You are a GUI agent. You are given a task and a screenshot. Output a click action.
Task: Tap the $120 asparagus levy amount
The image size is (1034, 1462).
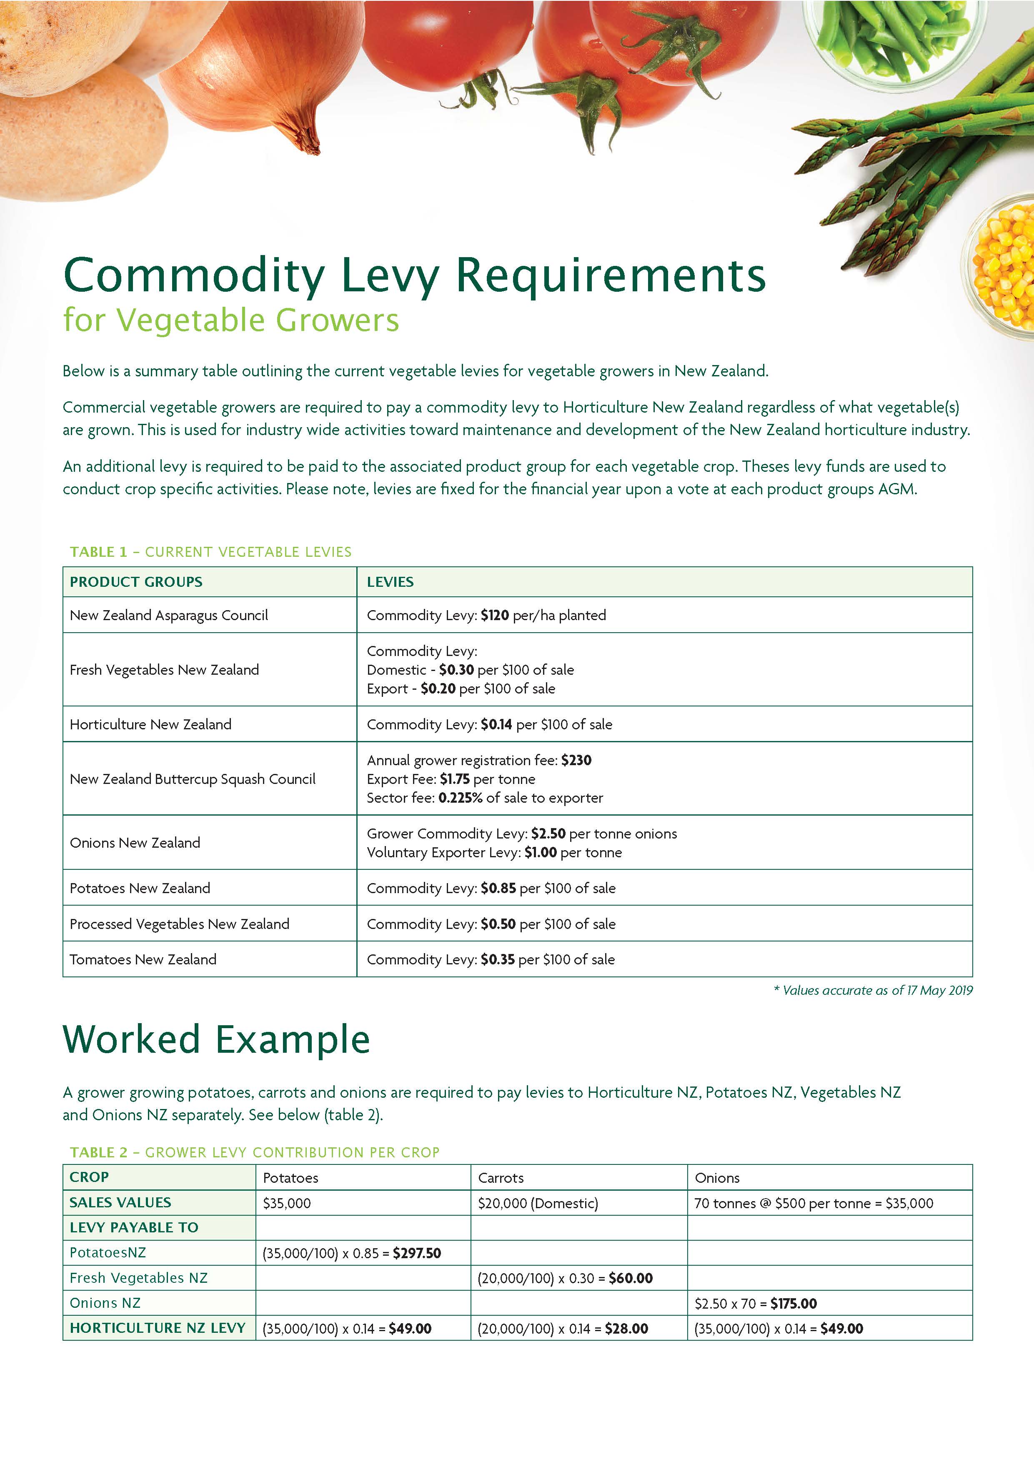click(x=495, y=615)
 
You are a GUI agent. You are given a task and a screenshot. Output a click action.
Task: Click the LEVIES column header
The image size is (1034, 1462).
click(x=390, y=582)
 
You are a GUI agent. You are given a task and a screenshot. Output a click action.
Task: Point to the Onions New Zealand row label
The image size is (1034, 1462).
click(x=135, y=842)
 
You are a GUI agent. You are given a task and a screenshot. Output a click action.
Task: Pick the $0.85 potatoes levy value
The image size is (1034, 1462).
click(x=498, y=888)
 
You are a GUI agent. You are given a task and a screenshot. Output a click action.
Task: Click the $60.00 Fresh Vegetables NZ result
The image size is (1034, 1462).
click(x=630, y=1278)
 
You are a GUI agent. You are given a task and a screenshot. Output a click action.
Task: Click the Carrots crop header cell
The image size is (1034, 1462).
click(x=501, y=1178)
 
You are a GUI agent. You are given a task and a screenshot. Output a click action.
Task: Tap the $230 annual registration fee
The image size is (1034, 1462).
click(x=576, y=760)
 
